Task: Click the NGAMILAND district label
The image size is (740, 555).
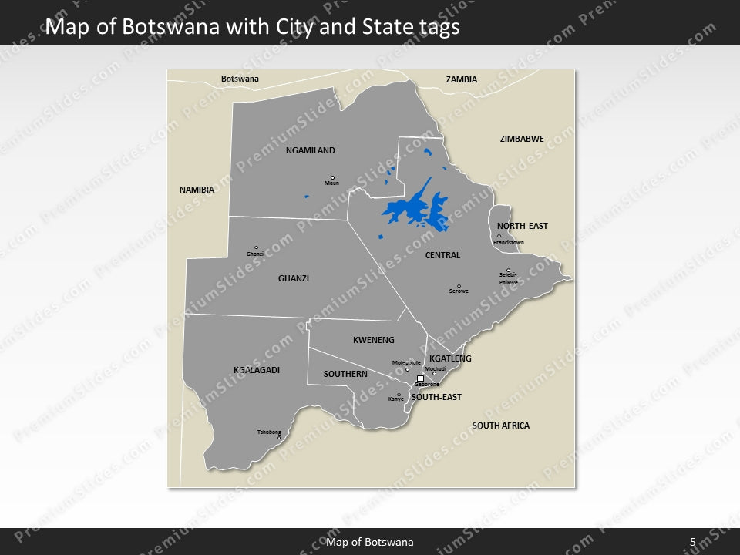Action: tap(310, 151)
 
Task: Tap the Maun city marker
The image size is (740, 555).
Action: tap(332, 177)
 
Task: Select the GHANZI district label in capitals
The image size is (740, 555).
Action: tap(294, 278)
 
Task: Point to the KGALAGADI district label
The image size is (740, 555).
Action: tap(257, 370)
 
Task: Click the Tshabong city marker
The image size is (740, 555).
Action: tap(279, 438)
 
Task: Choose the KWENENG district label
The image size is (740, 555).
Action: tap(374, 340)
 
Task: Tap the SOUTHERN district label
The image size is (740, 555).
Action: tap(345, 374)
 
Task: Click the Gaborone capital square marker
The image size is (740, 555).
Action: tap(420, 378)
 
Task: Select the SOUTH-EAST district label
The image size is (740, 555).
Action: tap(436, 397)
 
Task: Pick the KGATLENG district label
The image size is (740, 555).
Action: tap(450, 358)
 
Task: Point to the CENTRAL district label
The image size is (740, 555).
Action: tap(442, 255)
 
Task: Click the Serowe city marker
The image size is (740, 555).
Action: tap(459, 286)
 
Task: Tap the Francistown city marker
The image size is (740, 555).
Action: tap(499, 237)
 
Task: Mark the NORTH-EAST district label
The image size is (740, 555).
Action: tap(523, 226)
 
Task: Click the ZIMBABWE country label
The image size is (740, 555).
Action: tap(522, 139)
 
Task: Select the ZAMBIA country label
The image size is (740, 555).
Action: tap(462, 79)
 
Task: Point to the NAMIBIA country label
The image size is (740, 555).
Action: tap(197, 190)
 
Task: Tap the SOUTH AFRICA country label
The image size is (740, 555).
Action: tap(501, 425)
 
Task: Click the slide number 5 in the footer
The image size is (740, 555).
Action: tap(693, 542)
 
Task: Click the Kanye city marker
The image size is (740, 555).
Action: tap(399, 395)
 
